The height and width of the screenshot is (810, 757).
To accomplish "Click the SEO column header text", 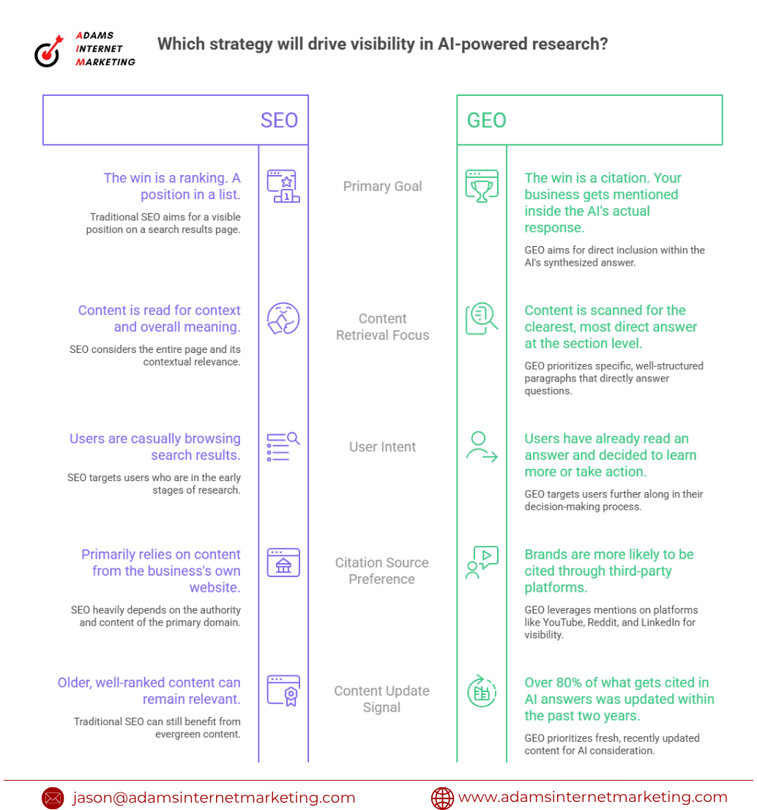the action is click(x=279, y=120).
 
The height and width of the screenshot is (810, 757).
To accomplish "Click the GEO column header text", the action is click(x=486, y=120).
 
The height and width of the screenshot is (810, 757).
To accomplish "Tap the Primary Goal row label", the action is click(x=382, y=186).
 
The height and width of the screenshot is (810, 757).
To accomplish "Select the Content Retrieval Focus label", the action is click(x=382, y=327).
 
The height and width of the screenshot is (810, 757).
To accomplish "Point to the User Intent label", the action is click(x=382, y=446).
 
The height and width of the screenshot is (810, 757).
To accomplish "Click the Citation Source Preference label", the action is click(x=381, y=571).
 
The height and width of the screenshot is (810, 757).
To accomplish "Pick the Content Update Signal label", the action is click(x=381, y=699).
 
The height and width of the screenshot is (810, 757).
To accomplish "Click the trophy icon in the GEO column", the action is click(x=482, y=186).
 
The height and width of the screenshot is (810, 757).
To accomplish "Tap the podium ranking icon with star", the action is click(x=283, y=186).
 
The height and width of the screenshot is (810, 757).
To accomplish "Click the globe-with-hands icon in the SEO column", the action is click(x=283, y=318).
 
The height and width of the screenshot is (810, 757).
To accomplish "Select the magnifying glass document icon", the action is click(x=482, y=318).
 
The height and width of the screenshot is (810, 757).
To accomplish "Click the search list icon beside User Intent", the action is click(x=283, y=446).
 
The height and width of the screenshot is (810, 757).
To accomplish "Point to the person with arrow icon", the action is click(x=482, y=446).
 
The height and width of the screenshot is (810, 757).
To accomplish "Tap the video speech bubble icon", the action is click(x=482, y=562).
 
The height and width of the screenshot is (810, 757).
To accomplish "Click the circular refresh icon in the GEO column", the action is click(x=482, y=691).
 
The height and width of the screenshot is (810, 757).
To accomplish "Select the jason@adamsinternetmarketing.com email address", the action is click(x=214, y=798).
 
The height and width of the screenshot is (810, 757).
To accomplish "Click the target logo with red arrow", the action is click(x=48, y=51).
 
